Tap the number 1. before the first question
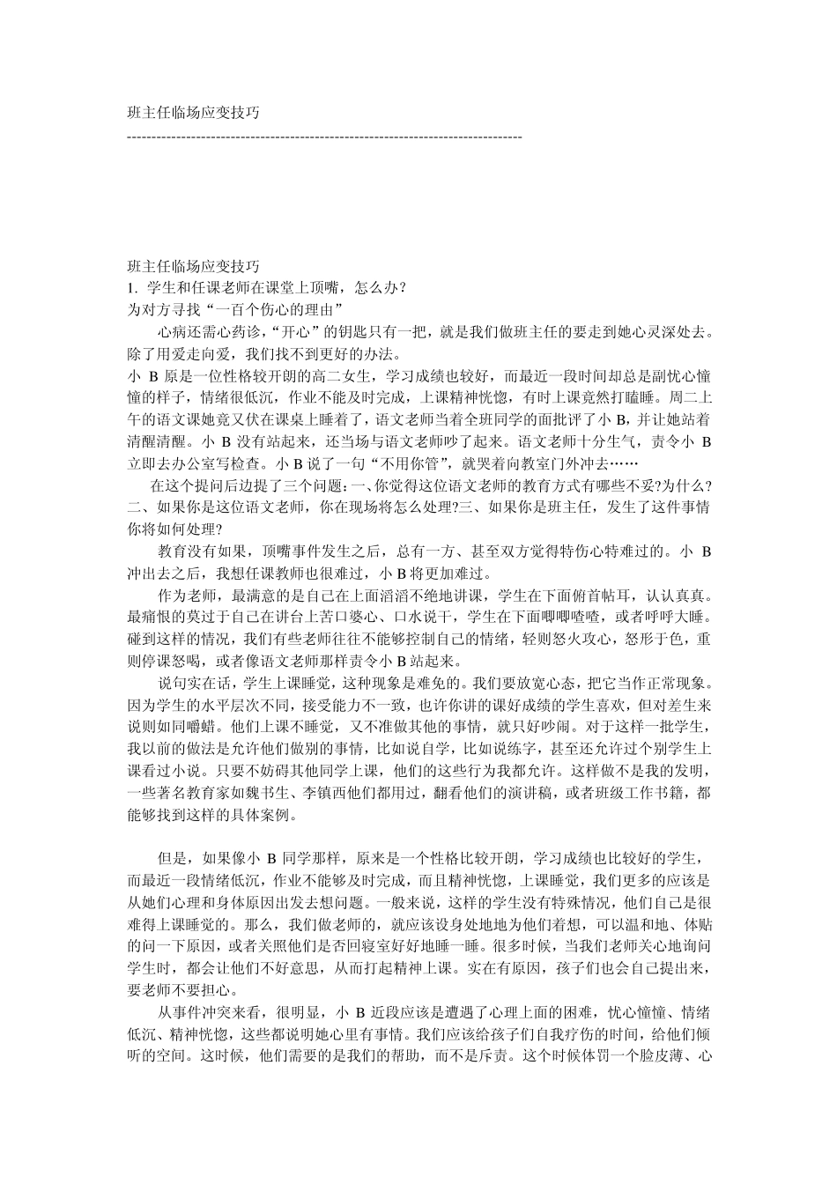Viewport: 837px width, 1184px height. [133, 287]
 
